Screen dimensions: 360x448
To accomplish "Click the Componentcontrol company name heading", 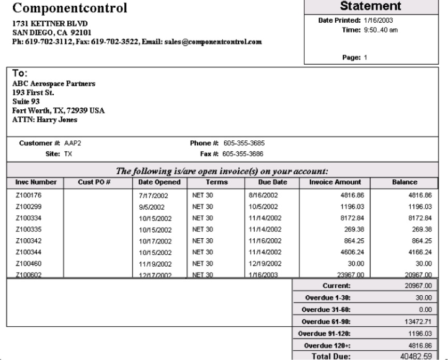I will pos(69,8).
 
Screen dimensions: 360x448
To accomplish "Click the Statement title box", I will pos(370,7).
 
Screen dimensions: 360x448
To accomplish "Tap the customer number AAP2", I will pos(72,143).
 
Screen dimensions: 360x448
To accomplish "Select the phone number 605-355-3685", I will pos(244,143).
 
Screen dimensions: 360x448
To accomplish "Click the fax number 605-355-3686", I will pos(244,154).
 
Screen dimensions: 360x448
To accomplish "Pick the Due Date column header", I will pos(271,182).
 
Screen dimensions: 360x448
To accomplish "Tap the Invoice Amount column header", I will pos(335,182).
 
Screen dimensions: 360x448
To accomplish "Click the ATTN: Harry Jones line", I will pos(41,120).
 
